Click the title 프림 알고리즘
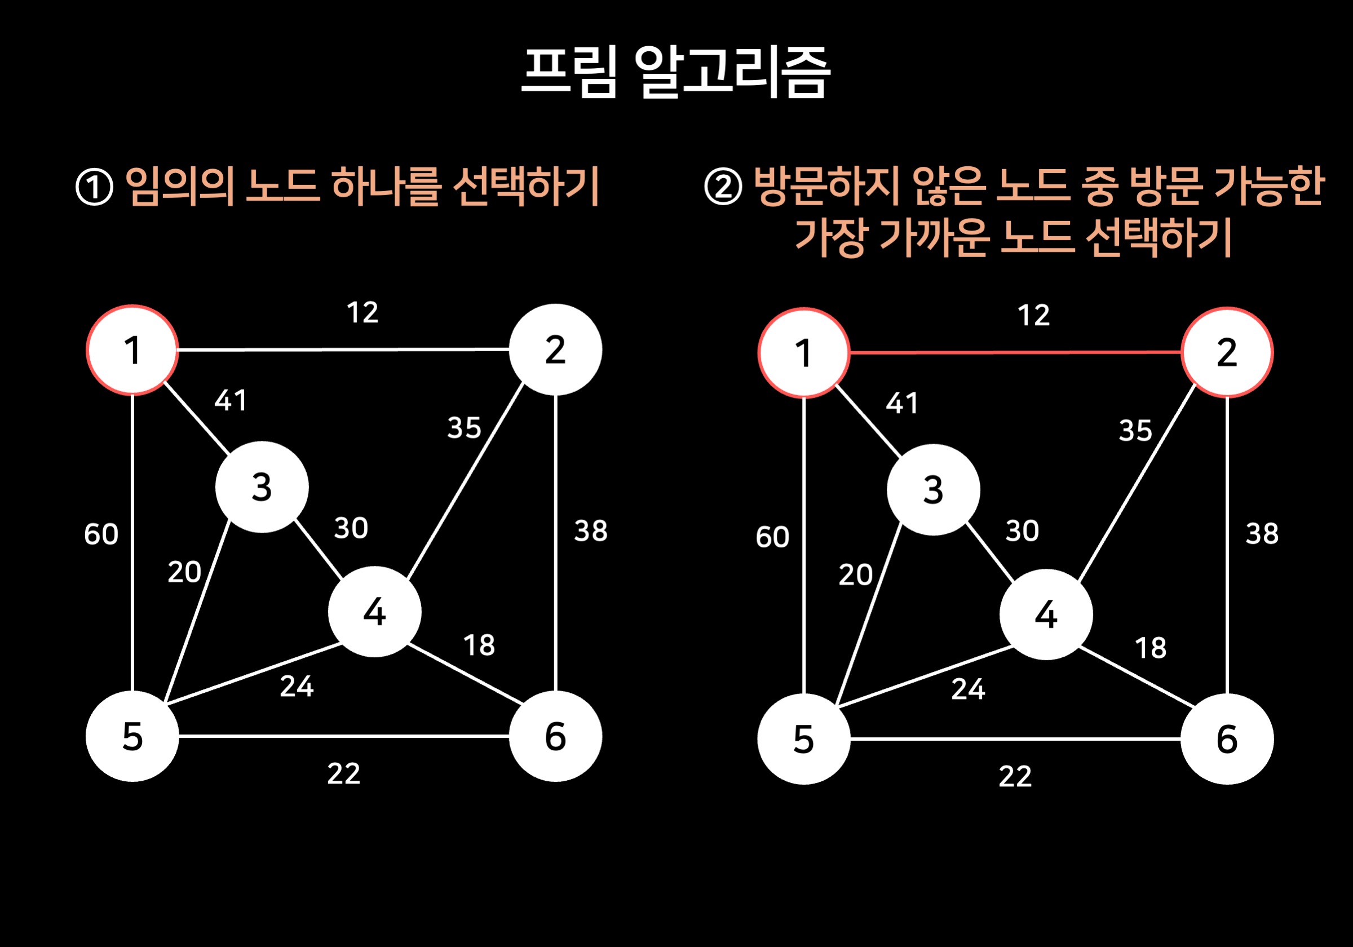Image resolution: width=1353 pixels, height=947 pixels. click(x=676, y=72)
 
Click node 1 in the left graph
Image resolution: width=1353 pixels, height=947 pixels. click(x=132, y=350)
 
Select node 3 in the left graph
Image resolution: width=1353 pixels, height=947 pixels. click(x=262, y=488)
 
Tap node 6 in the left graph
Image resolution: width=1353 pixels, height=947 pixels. click(x=555, y=736)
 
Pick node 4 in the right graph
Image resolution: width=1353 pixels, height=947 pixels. click(x=1046, y=614)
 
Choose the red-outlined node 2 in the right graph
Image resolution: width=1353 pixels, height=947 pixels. click(x=1227, y=352)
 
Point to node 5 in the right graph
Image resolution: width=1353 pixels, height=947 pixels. click(x=804, y=738)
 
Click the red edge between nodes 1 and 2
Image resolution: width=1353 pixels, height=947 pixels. click(x=1015, y=352)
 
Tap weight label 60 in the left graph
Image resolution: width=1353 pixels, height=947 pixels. click(x=101, y=534)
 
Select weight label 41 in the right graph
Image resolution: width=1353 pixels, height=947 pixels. click(x=902, y=403)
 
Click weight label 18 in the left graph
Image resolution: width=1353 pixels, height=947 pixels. click(x=479, y=645)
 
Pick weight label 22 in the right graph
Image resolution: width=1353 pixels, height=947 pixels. click(x=1015, y=776)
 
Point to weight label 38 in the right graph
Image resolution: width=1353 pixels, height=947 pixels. click(x=1262, y=533)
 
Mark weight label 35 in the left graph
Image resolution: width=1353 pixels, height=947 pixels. click(x=465, y=428)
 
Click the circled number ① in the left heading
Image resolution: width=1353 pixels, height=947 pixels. click(x=94, y=187)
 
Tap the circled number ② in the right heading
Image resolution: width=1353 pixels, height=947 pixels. click(x=723, y=187)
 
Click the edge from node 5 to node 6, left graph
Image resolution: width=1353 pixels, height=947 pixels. click(x=343, y=736)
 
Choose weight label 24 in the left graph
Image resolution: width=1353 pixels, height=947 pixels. click(x=297, y=687)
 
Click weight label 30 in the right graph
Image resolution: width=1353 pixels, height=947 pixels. click(x=1023, y=530)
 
